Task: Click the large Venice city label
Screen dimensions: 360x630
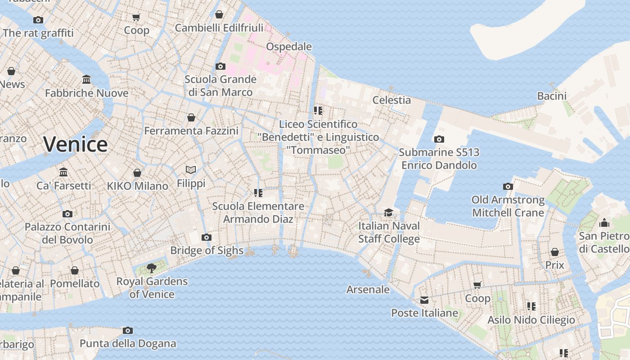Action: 76,144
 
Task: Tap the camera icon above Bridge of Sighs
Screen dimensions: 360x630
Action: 207,237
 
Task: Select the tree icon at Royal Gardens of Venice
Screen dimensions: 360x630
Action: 152,268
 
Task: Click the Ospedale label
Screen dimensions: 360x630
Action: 289,47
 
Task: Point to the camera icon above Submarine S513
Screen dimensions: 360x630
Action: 439,139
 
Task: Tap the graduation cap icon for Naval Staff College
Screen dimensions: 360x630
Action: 388,212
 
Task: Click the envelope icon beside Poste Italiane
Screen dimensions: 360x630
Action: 424,300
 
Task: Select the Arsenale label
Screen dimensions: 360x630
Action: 368,289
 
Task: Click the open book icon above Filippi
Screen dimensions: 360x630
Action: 191,170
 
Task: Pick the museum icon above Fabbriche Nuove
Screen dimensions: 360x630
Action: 86,80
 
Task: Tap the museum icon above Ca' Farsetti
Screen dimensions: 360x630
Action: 63,172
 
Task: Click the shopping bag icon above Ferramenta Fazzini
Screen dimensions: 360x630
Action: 191,117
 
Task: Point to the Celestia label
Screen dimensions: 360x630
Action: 391,100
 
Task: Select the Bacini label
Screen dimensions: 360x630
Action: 552,96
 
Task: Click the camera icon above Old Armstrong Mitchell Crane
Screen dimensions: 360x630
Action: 508,186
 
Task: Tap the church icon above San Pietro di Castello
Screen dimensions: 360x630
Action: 604,223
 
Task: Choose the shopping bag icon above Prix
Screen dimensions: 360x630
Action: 555,252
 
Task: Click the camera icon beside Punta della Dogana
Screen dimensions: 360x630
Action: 128,330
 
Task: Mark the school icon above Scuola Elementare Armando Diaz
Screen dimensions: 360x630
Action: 258,193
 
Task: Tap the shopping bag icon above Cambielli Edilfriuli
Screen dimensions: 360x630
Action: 219,14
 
